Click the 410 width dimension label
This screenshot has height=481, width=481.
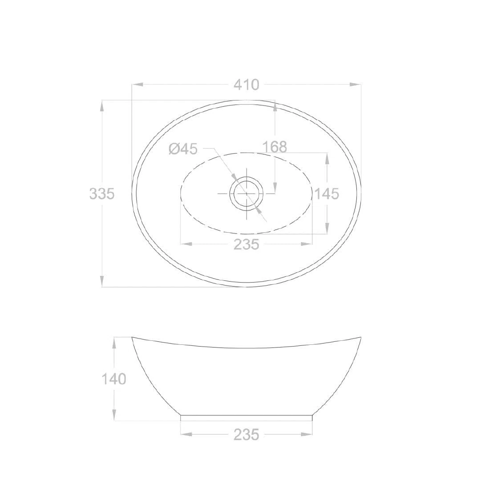click(247, 85)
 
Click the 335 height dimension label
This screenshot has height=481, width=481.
click(102, 194)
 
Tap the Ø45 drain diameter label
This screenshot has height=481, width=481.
click(183, 149)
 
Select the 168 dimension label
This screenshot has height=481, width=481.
click(275, 147)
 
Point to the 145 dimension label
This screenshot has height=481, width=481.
click(327, 194)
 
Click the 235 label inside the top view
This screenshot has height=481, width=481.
click(247, 244)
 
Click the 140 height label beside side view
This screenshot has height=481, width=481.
click(114, 379)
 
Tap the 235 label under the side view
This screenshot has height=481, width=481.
click(247, 434)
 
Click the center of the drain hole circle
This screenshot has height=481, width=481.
click(247, 194)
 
